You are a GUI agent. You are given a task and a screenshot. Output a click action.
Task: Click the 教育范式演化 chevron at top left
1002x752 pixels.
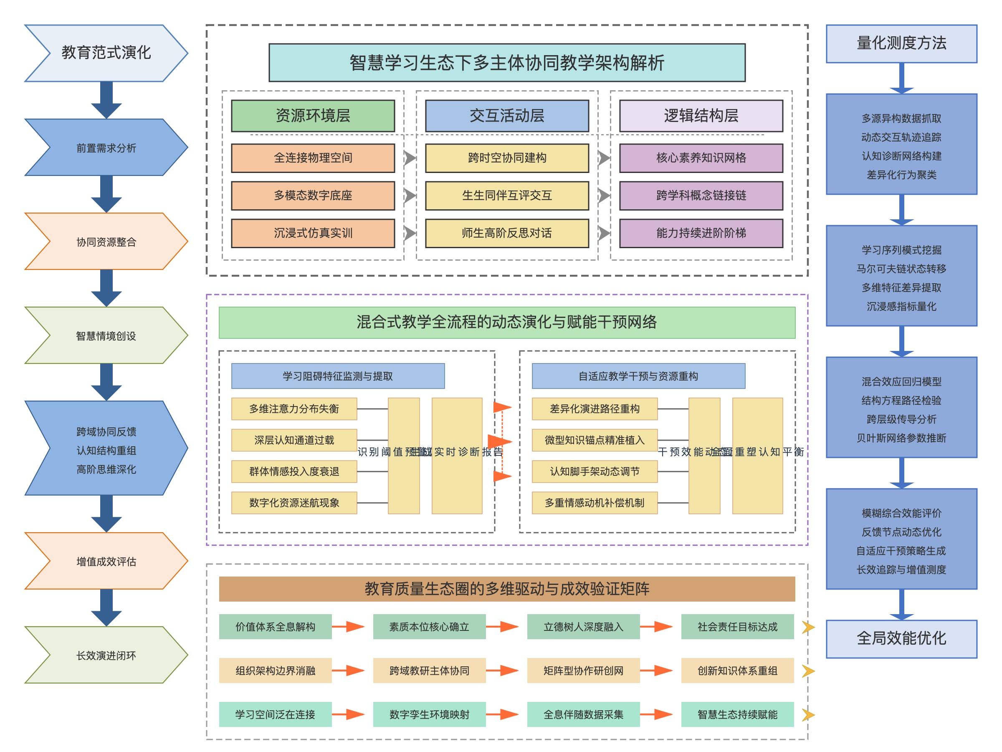tap(106, 53)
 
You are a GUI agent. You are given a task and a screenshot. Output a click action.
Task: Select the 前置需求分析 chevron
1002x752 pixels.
tap(106, 148)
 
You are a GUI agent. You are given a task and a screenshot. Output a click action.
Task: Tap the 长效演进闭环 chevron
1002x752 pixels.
tap(106, 655)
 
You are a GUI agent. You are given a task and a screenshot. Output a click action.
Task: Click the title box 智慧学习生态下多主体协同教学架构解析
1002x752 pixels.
tap(506, 63)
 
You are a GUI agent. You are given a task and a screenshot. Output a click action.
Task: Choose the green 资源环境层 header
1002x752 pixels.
tap(313, 116)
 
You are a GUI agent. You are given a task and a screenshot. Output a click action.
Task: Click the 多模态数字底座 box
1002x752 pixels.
tap(313, 196)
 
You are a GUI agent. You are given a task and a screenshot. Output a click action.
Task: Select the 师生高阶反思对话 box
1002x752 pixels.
tap(506, 233)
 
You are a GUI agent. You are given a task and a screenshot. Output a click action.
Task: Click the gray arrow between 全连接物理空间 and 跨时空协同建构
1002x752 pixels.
tap(410, 158)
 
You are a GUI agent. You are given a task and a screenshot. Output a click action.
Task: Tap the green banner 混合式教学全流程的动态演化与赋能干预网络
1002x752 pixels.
tap(506, 322)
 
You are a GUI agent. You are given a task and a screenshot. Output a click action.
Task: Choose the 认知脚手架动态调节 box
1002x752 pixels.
tap(595, 471)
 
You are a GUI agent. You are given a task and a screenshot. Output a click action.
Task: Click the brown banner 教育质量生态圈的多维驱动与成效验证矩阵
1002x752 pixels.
tap(506, 589)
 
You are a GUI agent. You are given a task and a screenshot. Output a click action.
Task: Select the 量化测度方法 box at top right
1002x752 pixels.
tap(901, 43)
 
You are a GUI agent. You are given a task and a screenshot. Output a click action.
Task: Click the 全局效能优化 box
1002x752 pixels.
tap(901, 638)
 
